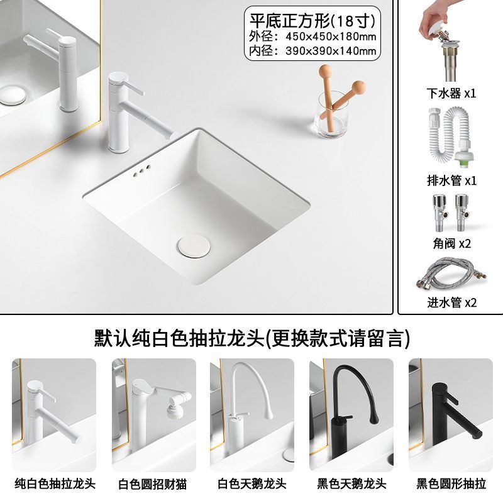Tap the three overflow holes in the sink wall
(x=143, y=171)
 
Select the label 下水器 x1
(x=451, y=93)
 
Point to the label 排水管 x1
(x=451, y=180)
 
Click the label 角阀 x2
(x=451, y=243)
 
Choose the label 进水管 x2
(x=451, y=302)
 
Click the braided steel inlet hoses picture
(x=450, y=275)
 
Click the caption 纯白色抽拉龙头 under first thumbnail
(x=53, y=484)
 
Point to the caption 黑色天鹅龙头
(x=351, y=484)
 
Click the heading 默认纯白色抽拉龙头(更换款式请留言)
(x=251, y=338)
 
